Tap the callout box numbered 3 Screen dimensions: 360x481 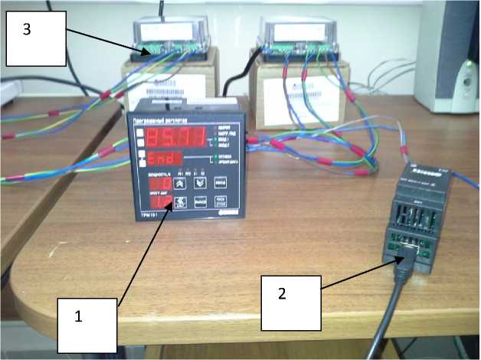[35, 40]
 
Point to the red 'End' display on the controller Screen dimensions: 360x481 [165, 160]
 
